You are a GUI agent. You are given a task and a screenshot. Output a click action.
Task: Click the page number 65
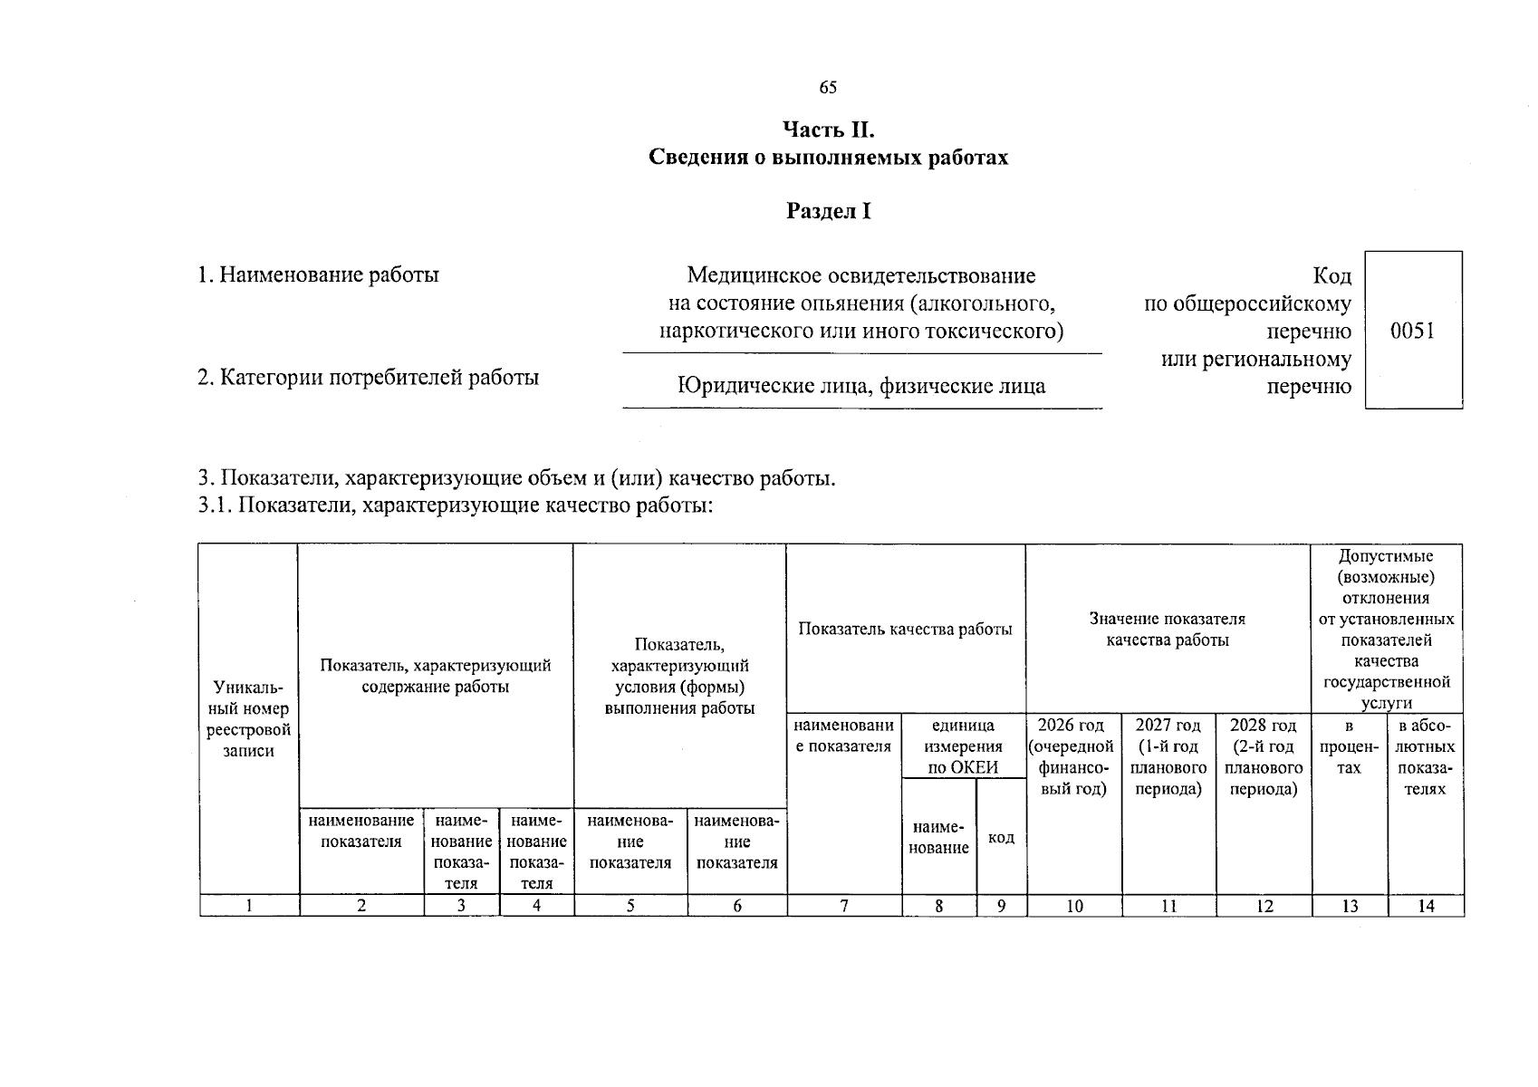tap(828, 88)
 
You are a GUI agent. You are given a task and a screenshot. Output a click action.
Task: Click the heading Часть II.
tap(828, 130)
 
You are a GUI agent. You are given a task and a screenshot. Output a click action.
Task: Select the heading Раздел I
tap(828, 211)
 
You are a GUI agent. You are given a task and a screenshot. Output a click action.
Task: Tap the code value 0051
tap(1412, 331)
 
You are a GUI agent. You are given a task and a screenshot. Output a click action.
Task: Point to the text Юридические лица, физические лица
tap(861, 387)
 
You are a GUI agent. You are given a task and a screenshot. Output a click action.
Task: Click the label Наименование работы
tap(318, 274)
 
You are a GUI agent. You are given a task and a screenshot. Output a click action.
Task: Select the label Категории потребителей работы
tap(368, 377)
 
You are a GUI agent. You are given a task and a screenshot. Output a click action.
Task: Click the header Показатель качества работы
tap(905, 630)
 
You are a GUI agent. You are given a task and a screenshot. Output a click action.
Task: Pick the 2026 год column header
tap(1073, 757)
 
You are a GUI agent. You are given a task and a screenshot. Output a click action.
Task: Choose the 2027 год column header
tap(1168, 757)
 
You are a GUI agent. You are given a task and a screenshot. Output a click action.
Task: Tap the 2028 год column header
tap(1264, 757)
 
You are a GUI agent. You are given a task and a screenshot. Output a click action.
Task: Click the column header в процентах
tap(1349, 747)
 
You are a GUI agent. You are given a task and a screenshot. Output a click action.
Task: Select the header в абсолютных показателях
tap(1425, 757)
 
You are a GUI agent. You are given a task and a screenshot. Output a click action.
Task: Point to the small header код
tap(1001, 838)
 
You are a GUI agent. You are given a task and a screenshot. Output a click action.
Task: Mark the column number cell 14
tap(1426, 905)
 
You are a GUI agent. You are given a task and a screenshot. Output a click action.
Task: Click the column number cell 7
tap(844, 905)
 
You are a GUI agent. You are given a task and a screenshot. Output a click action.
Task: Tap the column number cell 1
tap(249, 905)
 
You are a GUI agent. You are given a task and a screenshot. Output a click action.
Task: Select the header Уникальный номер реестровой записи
tap(248, 719)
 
